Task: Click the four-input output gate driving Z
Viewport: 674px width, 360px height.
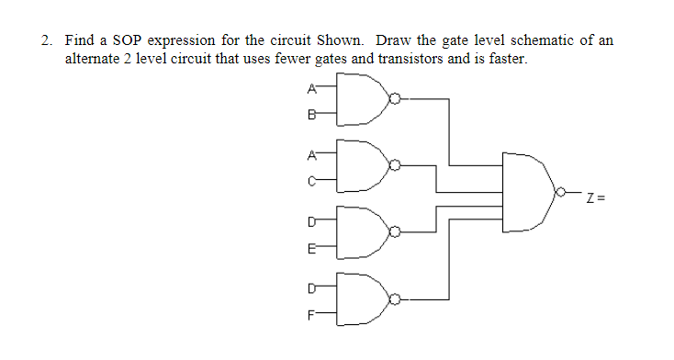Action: coord(527,196)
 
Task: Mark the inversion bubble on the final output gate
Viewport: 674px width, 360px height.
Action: coord(559,196)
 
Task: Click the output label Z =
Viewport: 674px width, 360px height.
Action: coord(598,197)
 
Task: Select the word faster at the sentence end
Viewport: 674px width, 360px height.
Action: coord(507,59)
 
